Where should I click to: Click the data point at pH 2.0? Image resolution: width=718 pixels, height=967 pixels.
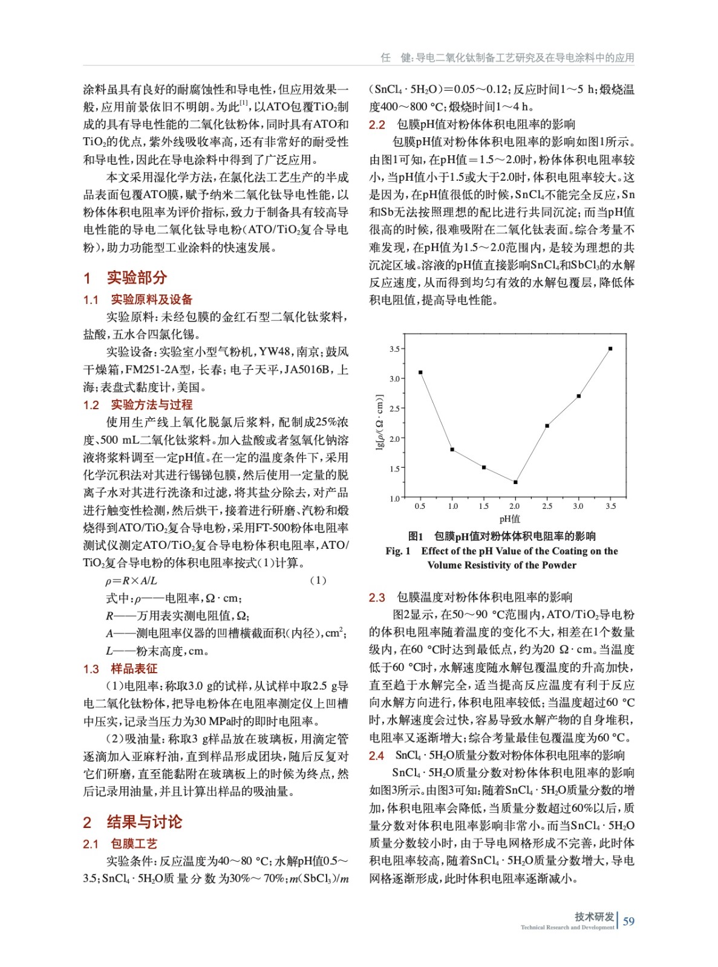click(515, 482)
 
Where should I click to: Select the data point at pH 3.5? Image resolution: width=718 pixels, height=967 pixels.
click(610, 349)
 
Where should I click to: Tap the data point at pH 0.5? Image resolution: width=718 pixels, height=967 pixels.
click(420, 372)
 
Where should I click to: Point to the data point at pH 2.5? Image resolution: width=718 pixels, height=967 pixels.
click(547, 426)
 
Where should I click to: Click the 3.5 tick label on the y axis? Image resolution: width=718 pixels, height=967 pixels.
click(394, 349)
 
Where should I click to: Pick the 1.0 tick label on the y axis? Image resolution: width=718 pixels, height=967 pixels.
click(394, 499)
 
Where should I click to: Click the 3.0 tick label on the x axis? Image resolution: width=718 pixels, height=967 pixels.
click(578, 506)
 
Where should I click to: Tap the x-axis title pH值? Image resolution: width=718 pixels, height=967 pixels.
click(510, 519)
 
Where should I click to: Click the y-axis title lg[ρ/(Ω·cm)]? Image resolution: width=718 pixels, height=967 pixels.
click(379, 422)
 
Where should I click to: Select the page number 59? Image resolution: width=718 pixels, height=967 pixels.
click(628, 921)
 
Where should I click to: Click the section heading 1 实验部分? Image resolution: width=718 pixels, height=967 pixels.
click(125, 278)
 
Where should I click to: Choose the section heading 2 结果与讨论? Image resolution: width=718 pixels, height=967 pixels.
click(132, 822)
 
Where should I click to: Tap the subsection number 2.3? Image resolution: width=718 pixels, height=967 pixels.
click(377, 598)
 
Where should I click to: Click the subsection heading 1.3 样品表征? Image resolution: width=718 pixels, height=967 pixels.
click(120, 669)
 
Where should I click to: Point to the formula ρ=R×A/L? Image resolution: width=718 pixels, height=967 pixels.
click(132, 581)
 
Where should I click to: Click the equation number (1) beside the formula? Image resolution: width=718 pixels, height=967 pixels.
click(318, 581)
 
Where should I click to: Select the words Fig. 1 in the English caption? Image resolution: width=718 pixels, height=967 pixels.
click(398, 551)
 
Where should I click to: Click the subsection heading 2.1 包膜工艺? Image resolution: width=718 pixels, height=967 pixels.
click(120, 844)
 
